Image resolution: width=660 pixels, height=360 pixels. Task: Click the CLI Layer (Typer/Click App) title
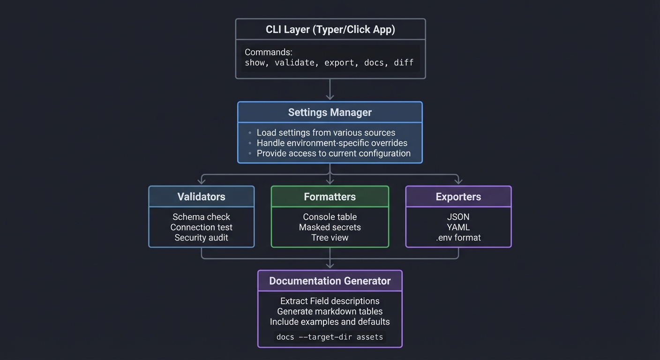[x=330, y=30]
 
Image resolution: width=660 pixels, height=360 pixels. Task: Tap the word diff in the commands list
[x=404, y=62]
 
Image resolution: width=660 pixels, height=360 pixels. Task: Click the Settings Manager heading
[x=330, y=112]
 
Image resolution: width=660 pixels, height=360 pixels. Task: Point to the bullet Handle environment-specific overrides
[x=332, y=143]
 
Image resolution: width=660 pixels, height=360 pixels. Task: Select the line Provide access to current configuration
[x=333, y=153]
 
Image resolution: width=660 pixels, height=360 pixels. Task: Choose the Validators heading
[x=201, y=197]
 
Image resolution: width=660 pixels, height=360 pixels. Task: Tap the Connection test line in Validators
[x=201, y=227]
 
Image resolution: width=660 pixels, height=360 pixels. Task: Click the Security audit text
[x=201, y=238]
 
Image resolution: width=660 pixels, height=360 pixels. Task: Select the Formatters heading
[x=330, y=197]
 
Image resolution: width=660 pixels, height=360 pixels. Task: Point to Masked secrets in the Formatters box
[x=330, y=227]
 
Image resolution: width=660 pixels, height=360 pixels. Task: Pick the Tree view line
[x=330, y=238]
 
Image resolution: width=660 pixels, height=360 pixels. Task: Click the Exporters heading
[x=458, y=197]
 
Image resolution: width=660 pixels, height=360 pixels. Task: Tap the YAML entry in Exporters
[x=458, y=227]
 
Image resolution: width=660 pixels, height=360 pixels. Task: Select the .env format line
[x=458, y=238]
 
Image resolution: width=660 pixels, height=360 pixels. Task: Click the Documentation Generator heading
[x=330, y=281]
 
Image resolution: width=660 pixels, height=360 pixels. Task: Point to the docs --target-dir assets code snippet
[x=330, y=337]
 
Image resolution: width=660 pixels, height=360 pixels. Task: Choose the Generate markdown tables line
[x=330, y=311]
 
